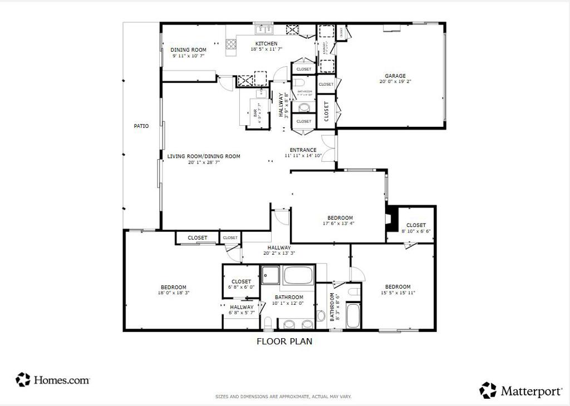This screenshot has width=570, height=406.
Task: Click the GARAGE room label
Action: [395, 76]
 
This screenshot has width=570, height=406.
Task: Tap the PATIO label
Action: [141, 126]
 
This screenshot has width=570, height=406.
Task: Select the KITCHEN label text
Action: [266, 43]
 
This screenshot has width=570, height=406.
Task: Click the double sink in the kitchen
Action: [263, 29]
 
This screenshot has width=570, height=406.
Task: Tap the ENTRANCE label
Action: [303, 150]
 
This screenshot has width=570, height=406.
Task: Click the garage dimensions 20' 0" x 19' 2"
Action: [395, 82]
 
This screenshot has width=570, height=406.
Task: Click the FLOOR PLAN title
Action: [284, 341]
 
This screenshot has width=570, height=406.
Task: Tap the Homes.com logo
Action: [53, 380]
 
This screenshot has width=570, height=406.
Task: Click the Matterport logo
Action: [521, 391]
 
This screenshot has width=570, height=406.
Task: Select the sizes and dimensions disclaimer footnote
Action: [283, 397]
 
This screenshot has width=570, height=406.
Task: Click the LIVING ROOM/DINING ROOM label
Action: [204, 156]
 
